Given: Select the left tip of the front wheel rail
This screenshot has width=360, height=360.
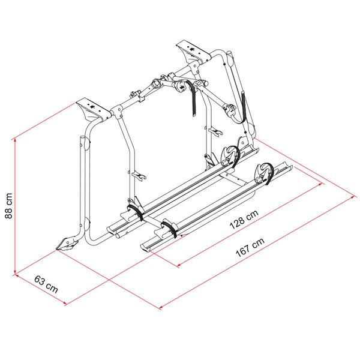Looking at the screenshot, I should tap(144, 245).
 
